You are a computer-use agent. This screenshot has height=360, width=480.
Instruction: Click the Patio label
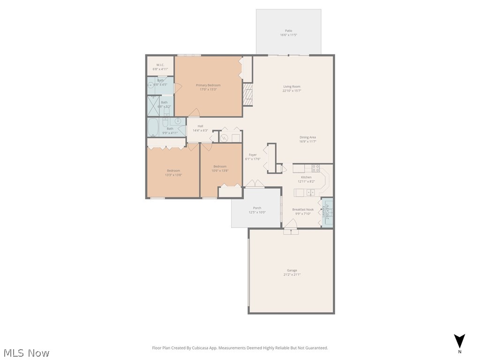tap(288, 30)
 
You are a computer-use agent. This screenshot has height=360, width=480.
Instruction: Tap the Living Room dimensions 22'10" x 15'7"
tap(292, 91)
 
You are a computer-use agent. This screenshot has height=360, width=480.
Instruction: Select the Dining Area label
tap(307, 137)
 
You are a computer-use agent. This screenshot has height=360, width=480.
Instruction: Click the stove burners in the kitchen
tap(315, 168)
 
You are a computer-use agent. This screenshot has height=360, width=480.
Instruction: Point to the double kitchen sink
tap(310, 192)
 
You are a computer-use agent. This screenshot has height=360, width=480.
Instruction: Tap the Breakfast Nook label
tap(303, 210)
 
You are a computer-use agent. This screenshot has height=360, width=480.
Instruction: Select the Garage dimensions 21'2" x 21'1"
tap(292, 275)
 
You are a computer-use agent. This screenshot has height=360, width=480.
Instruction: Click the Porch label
tap(257, 208)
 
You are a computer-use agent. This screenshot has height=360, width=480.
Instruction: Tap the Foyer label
tap(253, 155)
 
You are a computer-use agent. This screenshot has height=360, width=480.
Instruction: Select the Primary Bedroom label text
tap(208, 85)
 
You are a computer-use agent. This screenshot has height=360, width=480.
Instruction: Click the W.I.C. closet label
tap(160, 65)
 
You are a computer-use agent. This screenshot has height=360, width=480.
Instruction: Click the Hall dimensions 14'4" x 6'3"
tap(200, 130)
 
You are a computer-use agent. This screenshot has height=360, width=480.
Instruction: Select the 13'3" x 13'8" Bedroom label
tap(173, 171)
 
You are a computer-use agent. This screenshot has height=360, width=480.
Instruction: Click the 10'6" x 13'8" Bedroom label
tap(220, 166)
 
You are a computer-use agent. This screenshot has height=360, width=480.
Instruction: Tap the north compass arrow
tap(460, 341)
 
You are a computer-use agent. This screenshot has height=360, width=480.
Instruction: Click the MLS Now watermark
tap(26, 352)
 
